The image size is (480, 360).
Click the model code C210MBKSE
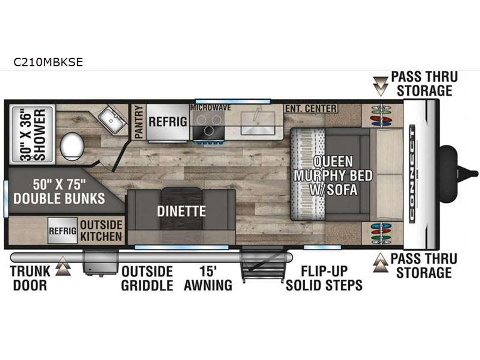click(x=48, y=62)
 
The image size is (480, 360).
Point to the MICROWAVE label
click(x=210, y=108)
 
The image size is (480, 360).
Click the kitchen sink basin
click(x=258, y=123)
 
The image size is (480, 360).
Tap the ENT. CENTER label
click(x=311, y=109)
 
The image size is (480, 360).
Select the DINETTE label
click(x=181, y=211)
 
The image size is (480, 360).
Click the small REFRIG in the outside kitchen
click(x=62, y=230)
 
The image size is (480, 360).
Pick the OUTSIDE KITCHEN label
click(x=101, y=231)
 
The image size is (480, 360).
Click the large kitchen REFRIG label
click(x=168, y=122)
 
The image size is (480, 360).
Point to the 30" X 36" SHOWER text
click(x=32, y=135)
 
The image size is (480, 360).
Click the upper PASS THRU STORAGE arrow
click(x=380, y=86)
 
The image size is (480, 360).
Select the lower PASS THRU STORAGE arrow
click(x=380, y=262)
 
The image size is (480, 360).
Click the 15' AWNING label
click(x=208, y=278)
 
